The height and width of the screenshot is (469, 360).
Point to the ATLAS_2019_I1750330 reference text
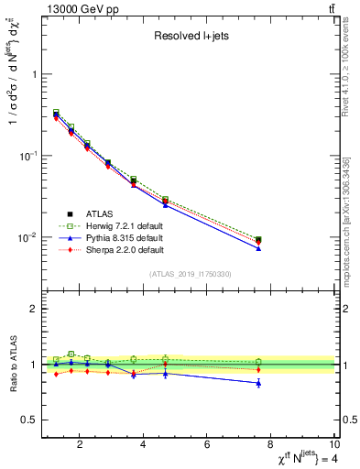(x=190, y=274)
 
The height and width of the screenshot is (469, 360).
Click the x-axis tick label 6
(x=208, y=446)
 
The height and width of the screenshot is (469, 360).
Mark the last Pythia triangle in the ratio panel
(x=258, y=383)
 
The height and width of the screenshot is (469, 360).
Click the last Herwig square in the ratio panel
(x=258, y=362)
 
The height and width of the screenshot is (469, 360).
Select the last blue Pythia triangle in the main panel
(x=258, y=248)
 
